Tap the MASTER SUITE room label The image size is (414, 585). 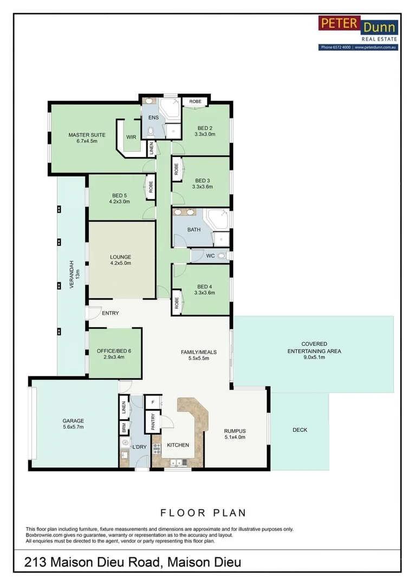coord(87,135)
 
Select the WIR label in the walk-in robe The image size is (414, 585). coord(131,137)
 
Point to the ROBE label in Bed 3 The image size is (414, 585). coord(177,169)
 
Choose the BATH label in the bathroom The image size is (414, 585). coord(194,229)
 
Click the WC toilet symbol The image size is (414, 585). coord(221,256)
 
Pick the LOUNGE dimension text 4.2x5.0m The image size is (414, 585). coord(120,263)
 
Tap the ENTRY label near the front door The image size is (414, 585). coord(110,313)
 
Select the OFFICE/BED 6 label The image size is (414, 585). coord(114,351)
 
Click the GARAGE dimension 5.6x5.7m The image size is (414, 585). coord(73,427)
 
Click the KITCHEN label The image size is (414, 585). coord(178,445)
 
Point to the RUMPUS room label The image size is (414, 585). coord(235,431)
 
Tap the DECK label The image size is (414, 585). coord(300,430)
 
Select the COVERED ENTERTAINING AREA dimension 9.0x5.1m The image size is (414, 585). coord(314,357)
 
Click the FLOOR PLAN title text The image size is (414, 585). coord(203,512)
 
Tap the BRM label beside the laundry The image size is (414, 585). coord(124,427)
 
